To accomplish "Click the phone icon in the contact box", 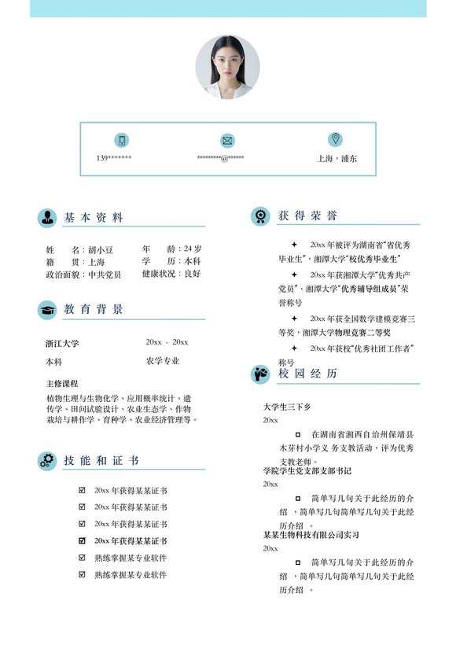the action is (x=121, y=140).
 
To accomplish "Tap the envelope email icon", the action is (x=227, y=140).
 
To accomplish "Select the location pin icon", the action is (x=336, y=139).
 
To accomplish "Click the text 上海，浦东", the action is (x=337, y=158).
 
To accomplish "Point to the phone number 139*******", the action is (x=114, y=158).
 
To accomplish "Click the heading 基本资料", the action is (x=94, y=218).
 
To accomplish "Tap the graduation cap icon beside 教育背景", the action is (x=47, y=310).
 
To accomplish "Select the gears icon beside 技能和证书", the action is (x=47, y=461).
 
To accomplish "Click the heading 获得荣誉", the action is (x=307, y=216).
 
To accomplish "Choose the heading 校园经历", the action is (x=307, y=374).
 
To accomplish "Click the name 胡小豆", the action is (x=101, y=249).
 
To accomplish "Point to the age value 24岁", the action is (x=193, y=249).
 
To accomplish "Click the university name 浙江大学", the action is (x=62, y=344).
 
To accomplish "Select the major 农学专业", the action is (x=163, y=361).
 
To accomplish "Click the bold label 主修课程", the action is (x=62, y=384).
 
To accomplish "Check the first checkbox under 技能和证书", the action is (x=82, y=490).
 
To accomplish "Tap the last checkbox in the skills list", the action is (x=82, y=575).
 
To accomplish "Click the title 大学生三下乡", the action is (x=287, y=407).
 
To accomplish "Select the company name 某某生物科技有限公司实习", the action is (x=311, y=535).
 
